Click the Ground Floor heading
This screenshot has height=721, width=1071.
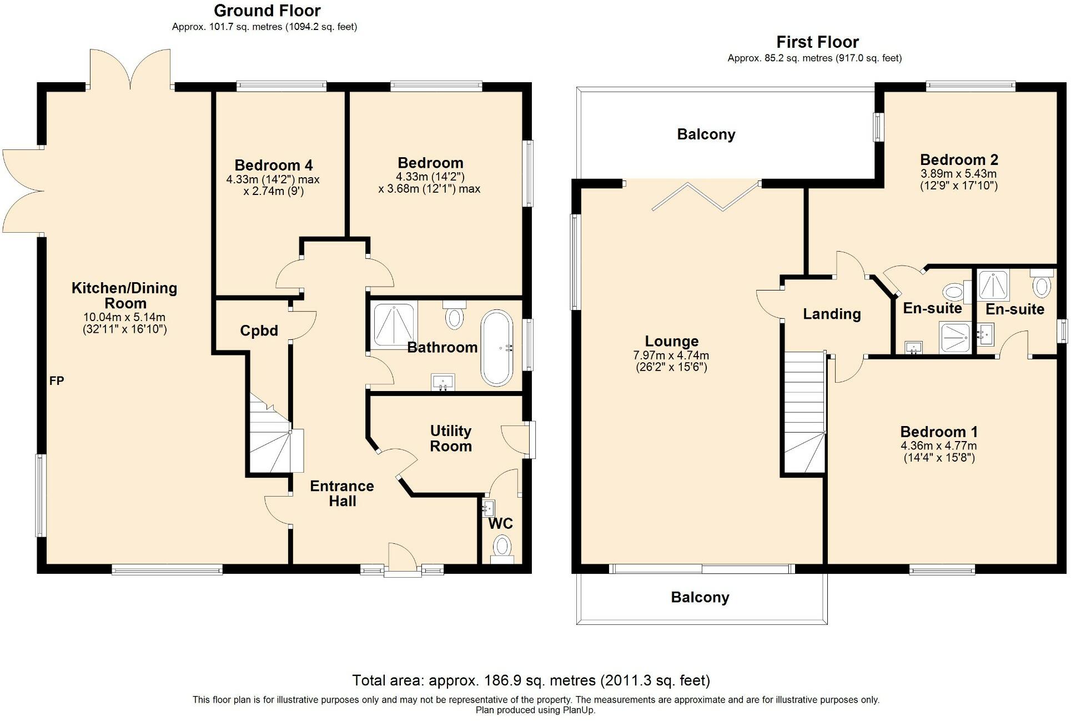coord(267,11)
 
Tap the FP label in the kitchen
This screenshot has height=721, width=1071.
coord(57,380)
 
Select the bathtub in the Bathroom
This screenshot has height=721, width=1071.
coord(496,348)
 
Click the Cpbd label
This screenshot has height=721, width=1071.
coord(259,331)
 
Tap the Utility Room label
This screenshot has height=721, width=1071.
coord(451,438)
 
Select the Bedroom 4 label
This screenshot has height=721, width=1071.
coord(273,165)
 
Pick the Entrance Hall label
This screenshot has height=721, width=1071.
coord(342,493)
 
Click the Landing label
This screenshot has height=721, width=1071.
coord(832,314)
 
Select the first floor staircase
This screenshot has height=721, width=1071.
coord(803,411)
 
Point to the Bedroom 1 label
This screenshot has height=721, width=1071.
coord(939,432)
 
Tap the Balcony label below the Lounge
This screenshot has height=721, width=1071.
coord(700,597)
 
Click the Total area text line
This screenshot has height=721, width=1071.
coord(531,680)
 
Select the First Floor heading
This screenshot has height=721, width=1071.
coord(817,42)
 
